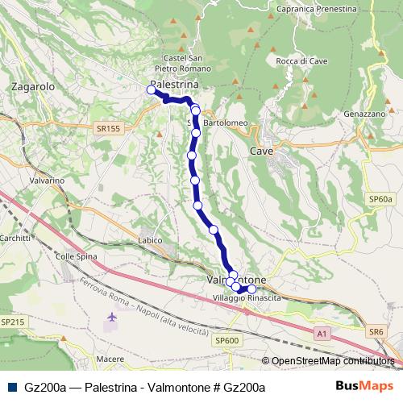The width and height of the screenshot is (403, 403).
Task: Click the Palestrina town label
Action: click(x=175, y=83)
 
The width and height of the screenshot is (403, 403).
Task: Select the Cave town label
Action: click(x=261, y=151)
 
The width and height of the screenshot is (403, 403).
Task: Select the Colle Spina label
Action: click(x=76, y=256)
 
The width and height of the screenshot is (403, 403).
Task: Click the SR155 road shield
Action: click(x=106, y=127)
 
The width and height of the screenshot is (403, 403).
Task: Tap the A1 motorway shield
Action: click(x=322, y=332)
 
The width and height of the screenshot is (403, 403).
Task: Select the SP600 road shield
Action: click(x=227, y=341)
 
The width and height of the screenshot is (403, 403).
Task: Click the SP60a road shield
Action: click(x=380, y=198)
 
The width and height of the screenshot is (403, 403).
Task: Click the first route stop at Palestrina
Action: click(x=151, y=90)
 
